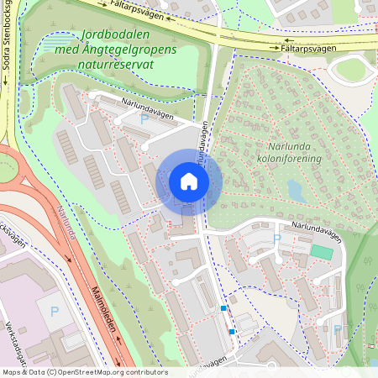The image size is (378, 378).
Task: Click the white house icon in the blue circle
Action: point(188,181)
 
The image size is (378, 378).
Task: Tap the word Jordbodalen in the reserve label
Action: point(117,36)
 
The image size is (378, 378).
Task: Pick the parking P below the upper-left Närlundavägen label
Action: point(144,121)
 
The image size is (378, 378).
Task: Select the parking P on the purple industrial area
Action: point(55,312)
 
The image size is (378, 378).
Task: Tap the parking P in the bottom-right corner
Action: point(337,330)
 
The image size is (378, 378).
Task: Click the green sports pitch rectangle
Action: point(321,251)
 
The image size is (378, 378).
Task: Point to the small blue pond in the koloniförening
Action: point(295,190)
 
